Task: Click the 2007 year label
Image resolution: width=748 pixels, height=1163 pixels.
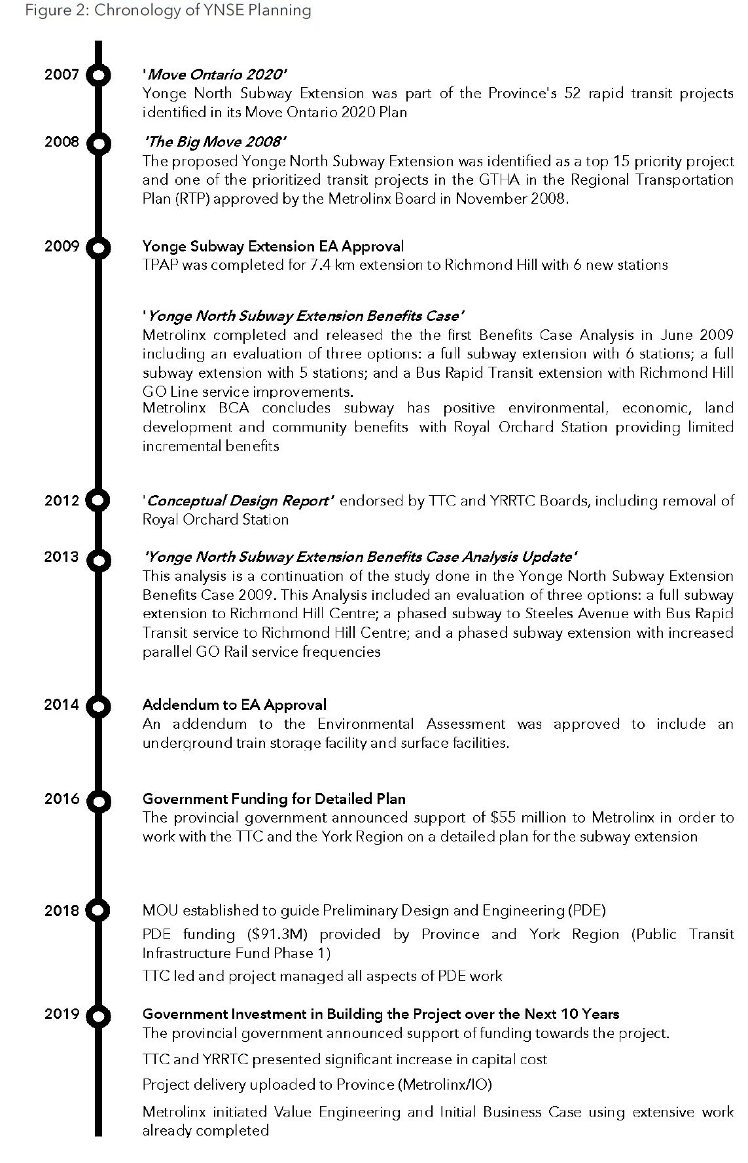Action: point(62,75)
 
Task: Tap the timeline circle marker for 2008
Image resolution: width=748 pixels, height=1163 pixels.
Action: point(98,143)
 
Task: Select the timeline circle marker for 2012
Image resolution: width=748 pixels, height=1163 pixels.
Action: point(98,501)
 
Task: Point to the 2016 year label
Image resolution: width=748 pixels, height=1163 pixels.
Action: point(62,799)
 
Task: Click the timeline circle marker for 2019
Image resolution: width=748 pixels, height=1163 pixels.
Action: point(98,1016)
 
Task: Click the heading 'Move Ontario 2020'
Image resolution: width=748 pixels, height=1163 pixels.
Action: point(215,75)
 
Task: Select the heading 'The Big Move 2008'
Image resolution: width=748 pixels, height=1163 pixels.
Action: point(215,142)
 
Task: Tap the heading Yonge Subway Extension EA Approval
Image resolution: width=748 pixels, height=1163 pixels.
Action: point(273,246)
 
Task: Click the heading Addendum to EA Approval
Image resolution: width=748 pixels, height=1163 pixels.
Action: point(234,705)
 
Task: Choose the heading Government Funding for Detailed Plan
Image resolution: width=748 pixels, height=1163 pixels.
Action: point(274,799)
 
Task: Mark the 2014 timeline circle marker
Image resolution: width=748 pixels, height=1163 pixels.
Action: point(98,707)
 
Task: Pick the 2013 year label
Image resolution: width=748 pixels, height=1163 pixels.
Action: point(62,557)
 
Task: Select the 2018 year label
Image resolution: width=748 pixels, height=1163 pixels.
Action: point(62,910)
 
